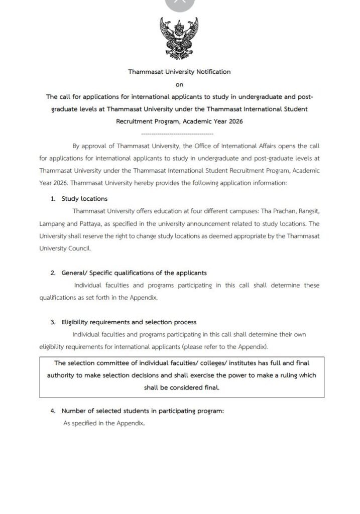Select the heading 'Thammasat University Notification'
[x=179, y=72]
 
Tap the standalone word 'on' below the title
[x=179, y=85]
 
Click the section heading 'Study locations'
[x=84, y=199]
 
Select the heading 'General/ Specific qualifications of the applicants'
[x=134, y=273]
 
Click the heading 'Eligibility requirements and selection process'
[x=129, y=322]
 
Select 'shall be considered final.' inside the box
[x=181, y=388]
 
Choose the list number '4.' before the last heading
[x=53, y=411]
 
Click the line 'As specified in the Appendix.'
[x=104, y=424]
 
